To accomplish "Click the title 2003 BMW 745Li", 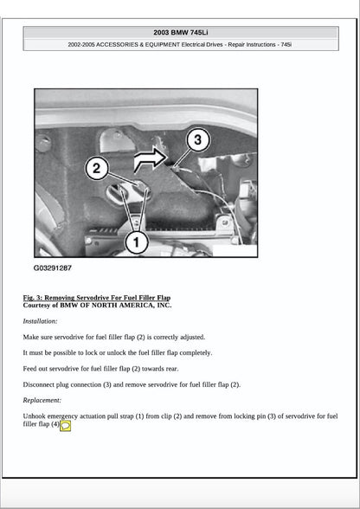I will (x=180, y=32).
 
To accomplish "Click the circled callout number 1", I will (x=136, y=242).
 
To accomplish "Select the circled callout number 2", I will (x=96, y=168).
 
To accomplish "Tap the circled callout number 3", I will (x=197, y=139).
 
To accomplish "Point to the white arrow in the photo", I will (x=151, y=157).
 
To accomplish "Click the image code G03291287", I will (x=53, y=268).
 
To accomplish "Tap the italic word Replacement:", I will (x=42, y=400).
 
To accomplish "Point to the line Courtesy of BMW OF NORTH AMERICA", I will (x=97, y=305).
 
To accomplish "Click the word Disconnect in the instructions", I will (x=40, y=384).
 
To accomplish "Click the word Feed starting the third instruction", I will (x=30, y=368).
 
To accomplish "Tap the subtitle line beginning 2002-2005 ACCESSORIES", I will (x=180, y=44).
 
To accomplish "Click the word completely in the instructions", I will (x=194, y=352).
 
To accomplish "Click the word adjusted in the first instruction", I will (x=190, y=337).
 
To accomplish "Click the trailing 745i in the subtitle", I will (x=285, y=44).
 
